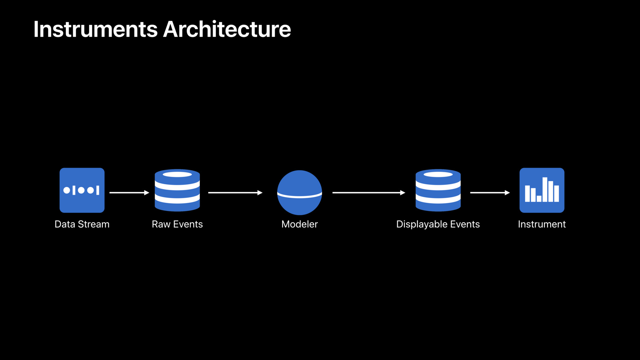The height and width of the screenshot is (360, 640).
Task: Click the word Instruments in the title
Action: (x=95, y=29)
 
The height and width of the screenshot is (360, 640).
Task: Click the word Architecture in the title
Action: (x=227, y=29)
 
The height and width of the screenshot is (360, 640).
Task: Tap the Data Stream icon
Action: (x=82, y=190)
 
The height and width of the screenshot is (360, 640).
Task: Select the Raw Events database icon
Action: (x=177, y=190)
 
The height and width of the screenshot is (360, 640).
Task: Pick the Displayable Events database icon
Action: (x=438, y=190)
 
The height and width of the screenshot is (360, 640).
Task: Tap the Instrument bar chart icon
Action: (x=542, y=190)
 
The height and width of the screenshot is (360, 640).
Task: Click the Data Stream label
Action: (x=82, y=224)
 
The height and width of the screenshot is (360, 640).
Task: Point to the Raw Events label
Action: (x=177, y=224)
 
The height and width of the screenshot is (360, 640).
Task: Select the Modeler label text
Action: (x=300, y=224)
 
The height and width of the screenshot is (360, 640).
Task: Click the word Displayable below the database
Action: (x=422, y=224)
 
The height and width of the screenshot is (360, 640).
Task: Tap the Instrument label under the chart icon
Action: (x=542, y=224)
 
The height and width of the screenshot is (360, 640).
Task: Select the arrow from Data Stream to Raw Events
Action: (x=129, y=192)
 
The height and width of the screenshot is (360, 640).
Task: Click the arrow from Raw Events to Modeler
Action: (x=235, y=192)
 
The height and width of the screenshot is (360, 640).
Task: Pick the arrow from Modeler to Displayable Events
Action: (x=369, y=192)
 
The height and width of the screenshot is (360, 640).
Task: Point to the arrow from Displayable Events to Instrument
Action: (x=490, y=192)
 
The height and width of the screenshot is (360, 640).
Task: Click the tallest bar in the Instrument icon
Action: (x=545, y=190)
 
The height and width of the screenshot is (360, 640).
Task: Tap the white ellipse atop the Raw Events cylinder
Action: (x=177, y=174)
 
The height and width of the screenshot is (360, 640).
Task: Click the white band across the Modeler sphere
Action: (x=300, y=195)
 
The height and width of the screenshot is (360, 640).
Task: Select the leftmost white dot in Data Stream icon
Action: (x=67, y=190)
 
